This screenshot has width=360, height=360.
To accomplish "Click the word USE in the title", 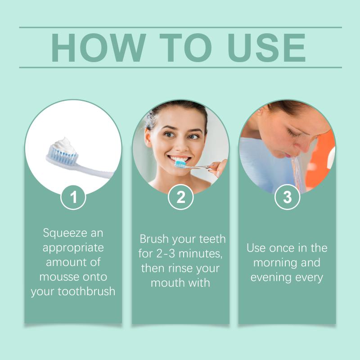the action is (266, 48).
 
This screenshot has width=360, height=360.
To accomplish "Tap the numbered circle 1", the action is (73, 197).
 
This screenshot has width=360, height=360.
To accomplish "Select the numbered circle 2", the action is (181, 197).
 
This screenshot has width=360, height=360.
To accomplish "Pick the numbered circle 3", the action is (287, 197).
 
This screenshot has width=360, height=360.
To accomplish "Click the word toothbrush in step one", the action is (86, 291).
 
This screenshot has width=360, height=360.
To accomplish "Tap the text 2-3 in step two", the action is (166, 253).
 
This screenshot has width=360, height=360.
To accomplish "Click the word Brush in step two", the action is (154, 239).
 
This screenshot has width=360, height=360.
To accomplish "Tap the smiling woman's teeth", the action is (180, 159).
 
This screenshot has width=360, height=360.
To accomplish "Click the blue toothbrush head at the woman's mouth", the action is (180, 164).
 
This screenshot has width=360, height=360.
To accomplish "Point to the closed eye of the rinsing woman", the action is (293, 133).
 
